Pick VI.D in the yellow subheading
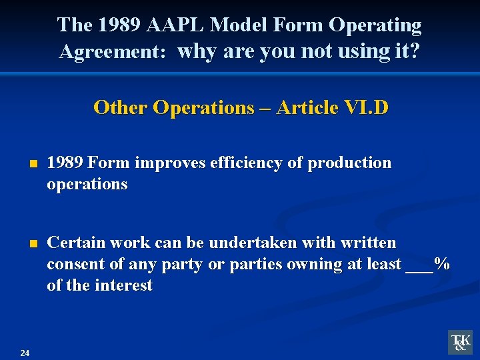pyautogui.click(x=366, y=107)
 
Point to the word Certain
pyautogui.click(x=75, y=243)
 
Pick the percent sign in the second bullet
pyautogui.click(x=441, y=264)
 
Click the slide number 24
pyautogui.click(x=25, y=353)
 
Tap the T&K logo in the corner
pyautogui.click(x=459, y=342)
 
